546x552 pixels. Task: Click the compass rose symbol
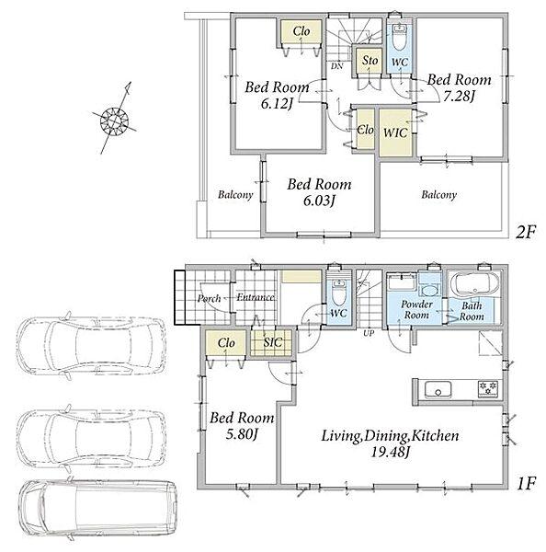115,121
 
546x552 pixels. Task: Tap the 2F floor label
525,233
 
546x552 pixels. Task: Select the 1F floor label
526,484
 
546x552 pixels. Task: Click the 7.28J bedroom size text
459,96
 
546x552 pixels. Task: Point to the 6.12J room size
277,104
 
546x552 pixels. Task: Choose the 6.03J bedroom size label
319,201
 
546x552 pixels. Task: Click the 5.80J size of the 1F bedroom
242,434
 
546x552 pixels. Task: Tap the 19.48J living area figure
390,452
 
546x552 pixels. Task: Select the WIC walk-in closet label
395,133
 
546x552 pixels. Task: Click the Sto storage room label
370,61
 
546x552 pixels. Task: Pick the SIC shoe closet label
273,342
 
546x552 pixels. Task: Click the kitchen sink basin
438,389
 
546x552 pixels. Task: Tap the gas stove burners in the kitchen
488,389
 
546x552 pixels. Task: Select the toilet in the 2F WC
399,37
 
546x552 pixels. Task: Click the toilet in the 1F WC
338,293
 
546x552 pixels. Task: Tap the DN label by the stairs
336,66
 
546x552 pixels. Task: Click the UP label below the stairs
369,333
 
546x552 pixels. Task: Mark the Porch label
209,298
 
